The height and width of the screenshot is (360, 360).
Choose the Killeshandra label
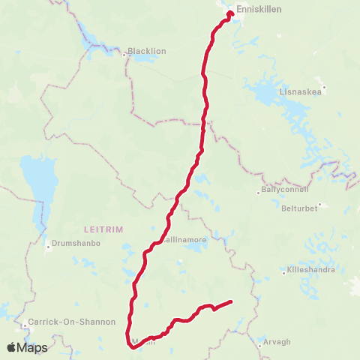(308, 270)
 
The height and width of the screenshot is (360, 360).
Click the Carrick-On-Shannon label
(71, 322)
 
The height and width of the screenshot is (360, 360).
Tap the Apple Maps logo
(27, 347)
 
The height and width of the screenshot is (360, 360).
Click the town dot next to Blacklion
(124, 54)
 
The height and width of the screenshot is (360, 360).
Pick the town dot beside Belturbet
(319, 203)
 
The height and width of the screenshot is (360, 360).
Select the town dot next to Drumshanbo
(48, 244)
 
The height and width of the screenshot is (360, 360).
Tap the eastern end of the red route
(230, 302)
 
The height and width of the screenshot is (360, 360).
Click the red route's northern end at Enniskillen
(230, 13)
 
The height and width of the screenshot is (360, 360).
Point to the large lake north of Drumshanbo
(33, 184)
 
